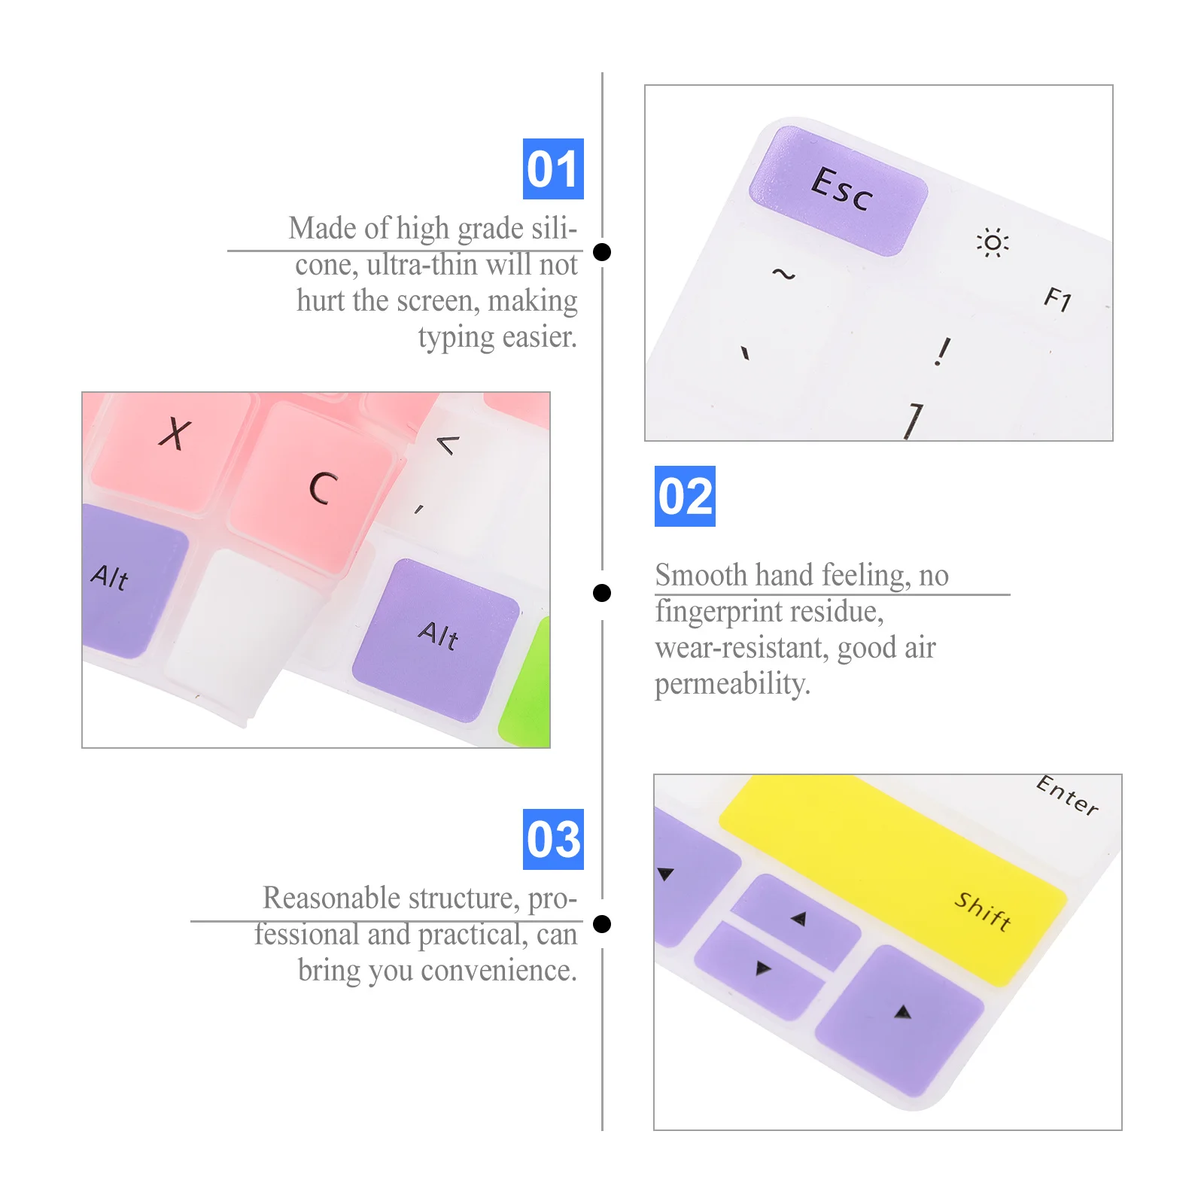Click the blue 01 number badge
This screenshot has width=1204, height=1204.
(553, 169)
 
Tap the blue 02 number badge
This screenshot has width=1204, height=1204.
(685, 496)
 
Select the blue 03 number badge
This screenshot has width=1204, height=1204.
(553, 839)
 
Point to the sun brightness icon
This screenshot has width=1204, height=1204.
(993, 242)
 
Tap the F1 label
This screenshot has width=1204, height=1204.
(1058, 299)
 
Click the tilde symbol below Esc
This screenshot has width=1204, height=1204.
(783, 274)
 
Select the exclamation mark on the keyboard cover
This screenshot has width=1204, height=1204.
(942, 351)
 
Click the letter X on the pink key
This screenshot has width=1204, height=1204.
(175, 434)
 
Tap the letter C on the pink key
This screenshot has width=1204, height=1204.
(323, 488)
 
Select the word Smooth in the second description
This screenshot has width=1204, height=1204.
(701, 575)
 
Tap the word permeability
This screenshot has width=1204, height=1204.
(732, 685)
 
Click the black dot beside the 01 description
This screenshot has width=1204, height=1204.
(602, 251)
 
